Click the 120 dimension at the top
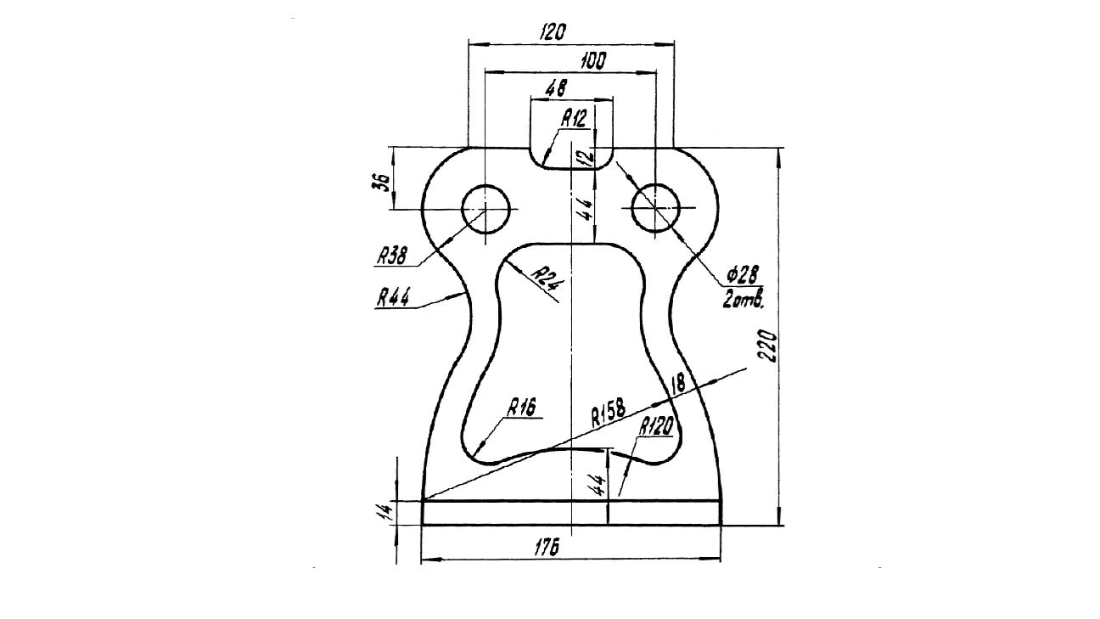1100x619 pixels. coord(553,32)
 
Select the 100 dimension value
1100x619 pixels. coord(593,61)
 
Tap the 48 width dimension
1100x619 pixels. coord(556,88)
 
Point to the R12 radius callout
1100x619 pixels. coord(574,119)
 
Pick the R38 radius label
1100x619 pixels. coord(392,256)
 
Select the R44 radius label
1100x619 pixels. coord(393,298)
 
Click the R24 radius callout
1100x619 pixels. coord(548,279)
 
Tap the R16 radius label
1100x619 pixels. coord(521,408)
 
